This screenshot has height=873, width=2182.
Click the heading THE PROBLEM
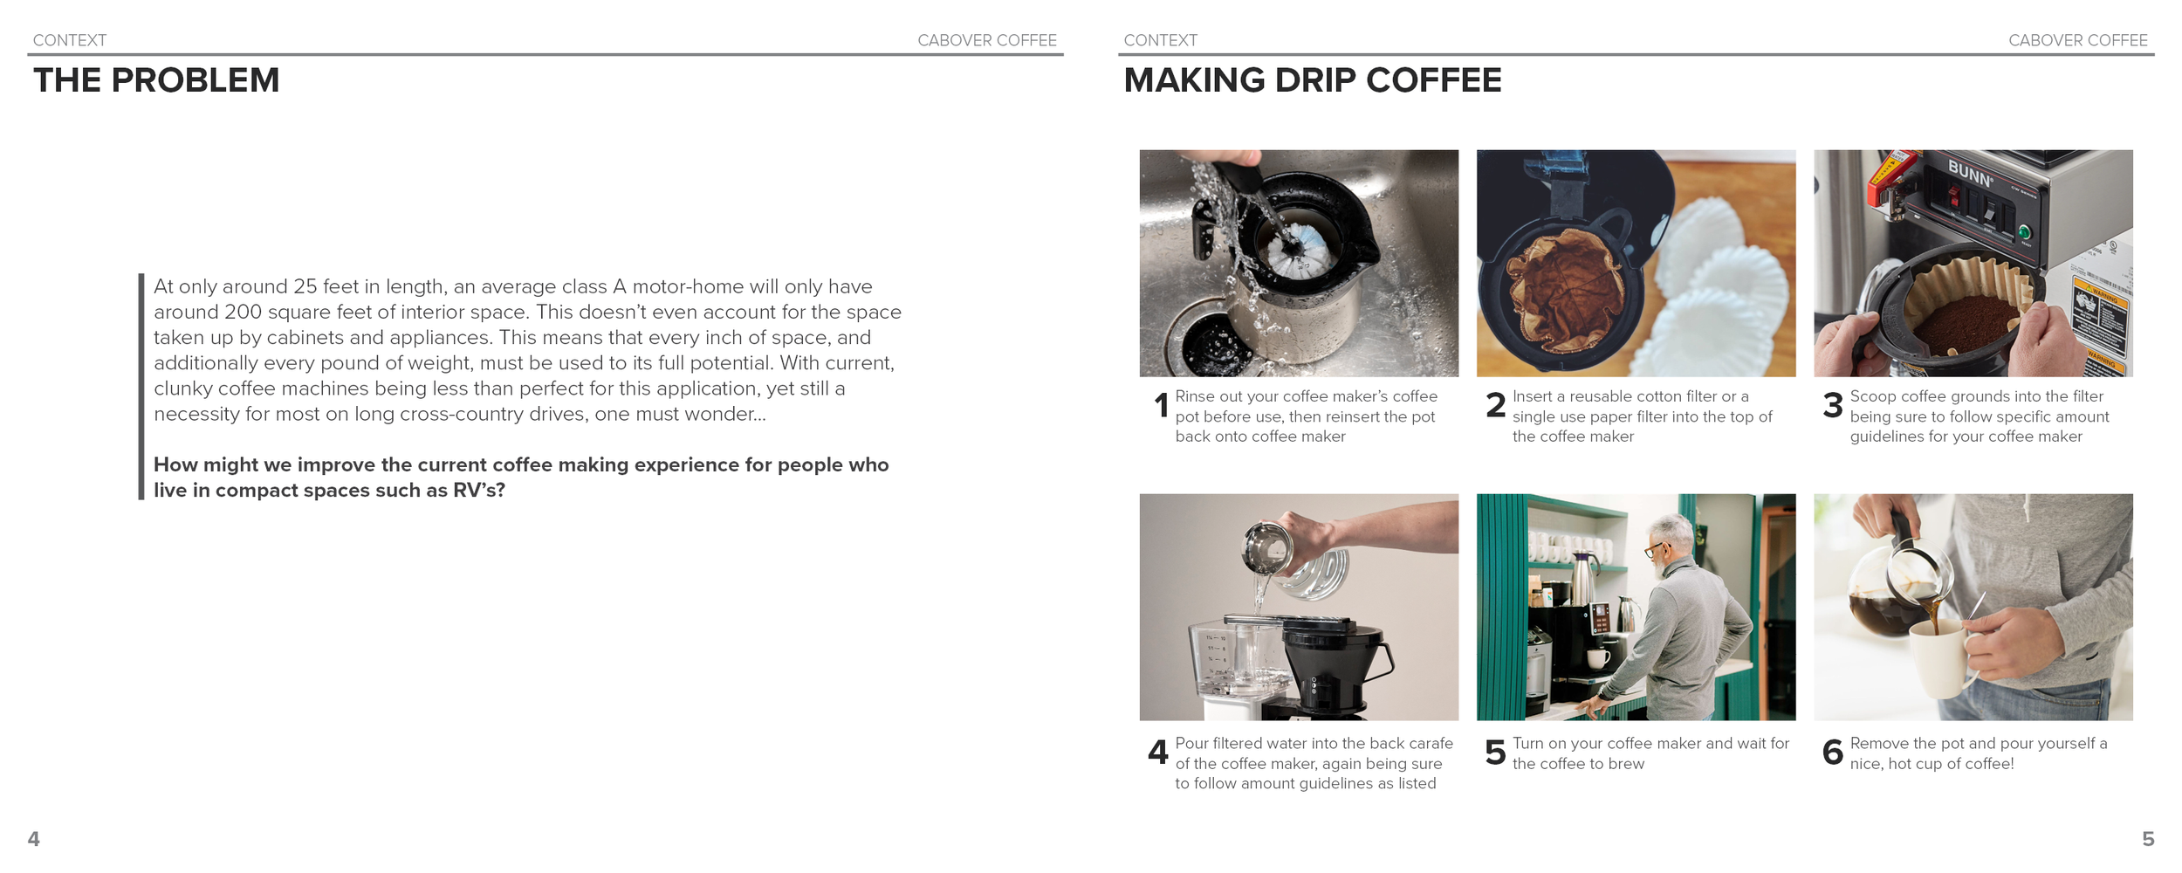[x=156, y=80]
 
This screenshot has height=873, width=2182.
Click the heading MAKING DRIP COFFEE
[x=1312, y=80]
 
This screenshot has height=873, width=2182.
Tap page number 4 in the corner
[x=34, y=838]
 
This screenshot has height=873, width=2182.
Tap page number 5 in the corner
[x=2147, y=838]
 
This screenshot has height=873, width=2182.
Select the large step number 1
[x=1161, y=405]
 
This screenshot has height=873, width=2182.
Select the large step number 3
[x=1833, y=405]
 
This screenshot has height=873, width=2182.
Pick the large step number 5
[x=1495, y=753]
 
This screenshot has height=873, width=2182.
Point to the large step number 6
[x=1833, y=753]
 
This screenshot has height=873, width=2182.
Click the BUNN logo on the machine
[x=1970, y=173]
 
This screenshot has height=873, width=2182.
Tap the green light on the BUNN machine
[x=2024, y=232]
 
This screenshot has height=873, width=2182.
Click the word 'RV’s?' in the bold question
[x=478, y=491]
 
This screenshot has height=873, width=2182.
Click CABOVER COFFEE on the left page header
[x=986, y=40]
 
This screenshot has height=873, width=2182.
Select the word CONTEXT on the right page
[x=1160, y=40]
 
